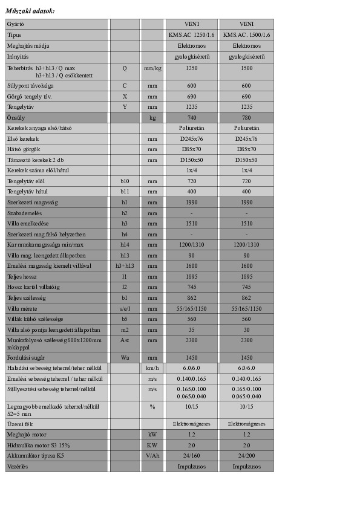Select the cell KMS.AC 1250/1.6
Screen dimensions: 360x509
coord(191,35)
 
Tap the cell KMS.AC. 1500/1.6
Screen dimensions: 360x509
coord(246,35)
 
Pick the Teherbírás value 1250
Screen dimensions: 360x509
coord(191,68)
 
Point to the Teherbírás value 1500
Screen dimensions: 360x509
coord(246,68)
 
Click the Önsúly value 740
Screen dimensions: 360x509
coord(191,117)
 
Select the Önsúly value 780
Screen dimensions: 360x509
coord(246,117)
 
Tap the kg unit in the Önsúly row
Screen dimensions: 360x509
coord(152,117)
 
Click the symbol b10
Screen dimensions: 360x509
coord(125,181)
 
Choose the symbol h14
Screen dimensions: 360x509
coord(125,245)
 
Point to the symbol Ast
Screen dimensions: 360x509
coord(125,341)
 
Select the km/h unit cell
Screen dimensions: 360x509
coord(152,368)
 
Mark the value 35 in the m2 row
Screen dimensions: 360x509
coord(191,329)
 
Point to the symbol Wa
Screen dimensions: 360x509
coord(125,357)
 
